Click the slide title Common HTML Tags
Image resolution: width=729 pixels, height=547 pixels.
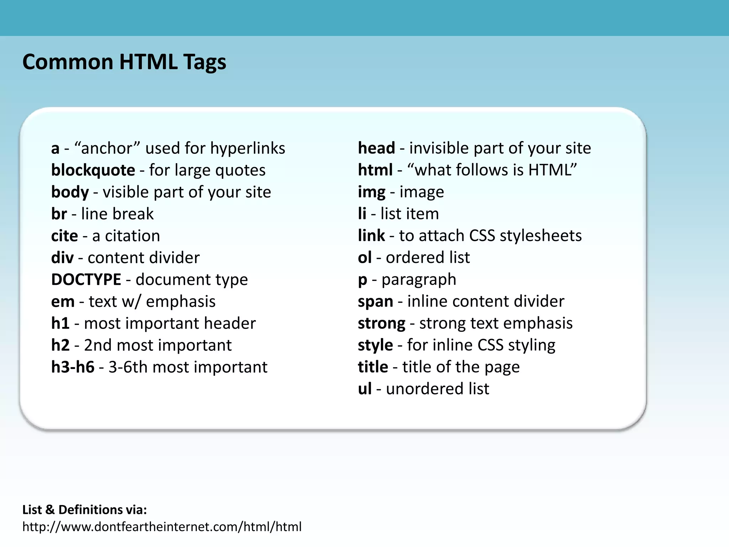point(124,62)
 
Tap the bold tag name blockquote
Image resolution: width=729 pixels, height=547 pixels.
point(93,170)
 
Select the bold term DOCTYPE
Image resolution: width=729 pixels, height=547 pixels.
point(86,280)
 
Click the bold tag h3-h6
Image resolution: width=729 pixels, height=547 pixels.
point(73,367)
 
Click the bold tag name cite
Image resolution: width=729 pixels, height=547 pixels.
point(64,236)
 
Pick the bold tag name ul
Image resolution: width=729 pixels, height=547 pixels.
point(364,389)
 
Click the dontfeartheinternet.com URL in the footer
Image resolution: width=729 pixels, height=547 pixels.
point(162,527)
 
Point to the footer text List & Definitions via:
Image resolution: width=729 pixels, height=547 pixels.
point(84,510)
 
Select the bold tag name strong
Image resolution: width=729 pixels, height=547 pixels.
point(381,324)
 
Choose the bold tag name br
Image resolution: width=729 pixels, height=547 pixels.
point(59,214)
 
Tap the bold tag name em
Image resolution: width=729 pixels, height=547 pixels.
point(63,302)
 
